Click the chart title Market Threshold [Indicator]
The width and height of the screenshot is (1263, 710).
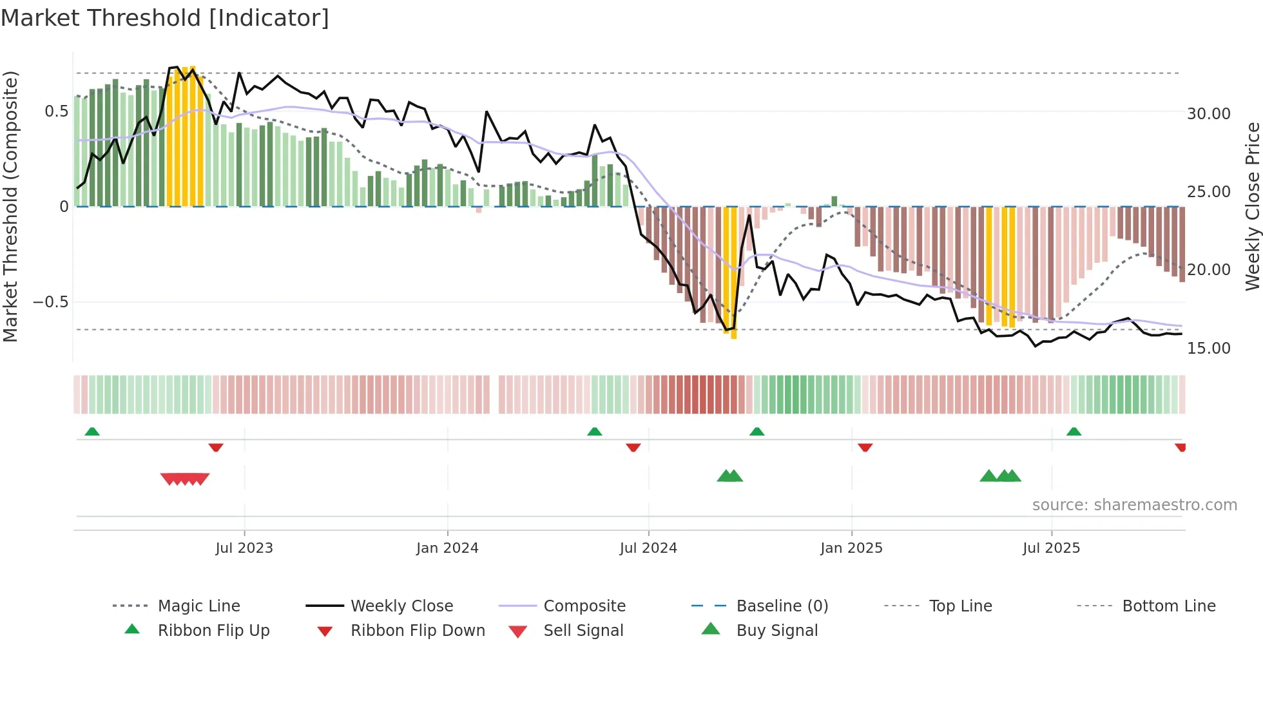(165, 18)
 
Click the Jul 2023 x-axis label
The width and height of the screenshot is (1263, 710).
(244, 548)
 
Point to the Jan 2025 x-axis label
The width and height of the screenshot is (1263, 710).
(851, 548)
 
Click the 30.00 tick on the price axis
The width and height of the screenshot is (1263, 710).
(1208, 114)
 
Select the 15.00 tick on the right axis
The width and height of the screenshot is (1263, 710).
(1208, 349)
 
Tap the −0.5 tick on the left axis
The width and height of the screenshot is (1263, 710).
(50, 302)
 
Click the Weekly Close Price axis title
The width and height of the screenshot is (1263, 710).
(1252, 206)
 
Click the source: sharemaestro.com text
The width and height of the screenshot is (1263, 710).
(1134, 505)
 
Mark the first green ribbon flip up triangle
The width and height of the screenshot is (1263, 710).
(92, 432)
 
